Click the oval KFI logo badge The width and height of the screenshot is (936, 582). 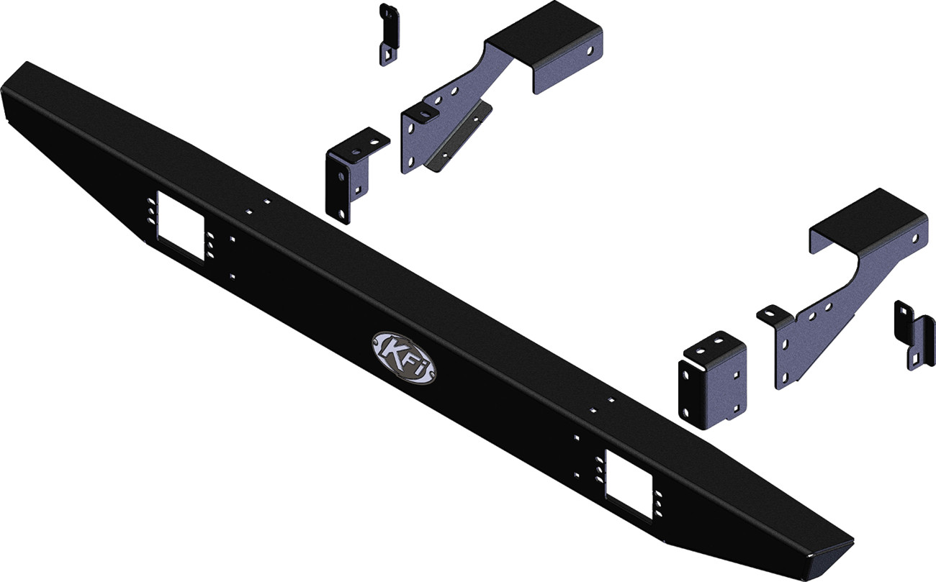(x=402, y=357)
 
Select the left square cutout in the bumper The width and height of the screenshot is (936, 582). (x=179, y=226)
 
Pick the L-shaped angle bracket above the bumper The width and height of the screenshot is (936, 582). (x=349, y=172)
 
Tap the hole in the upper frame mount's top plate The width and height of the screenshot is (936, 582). (x=591, y=50)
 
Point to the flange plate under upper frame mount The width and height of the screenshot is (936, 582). (x=456, y=137)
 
